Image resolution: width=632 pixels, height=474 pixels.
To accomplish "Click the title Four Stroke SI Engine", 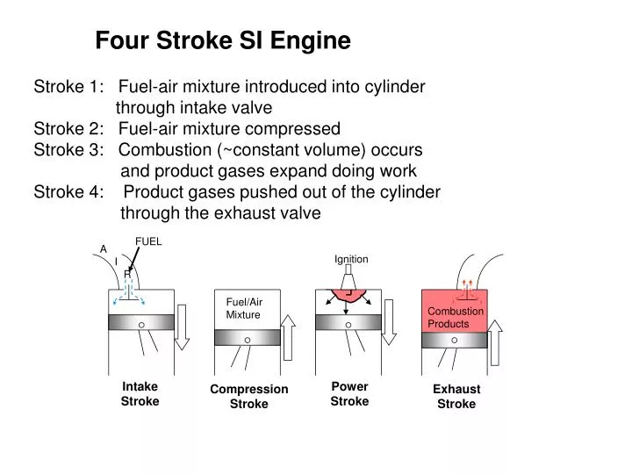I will [x=223, y=40].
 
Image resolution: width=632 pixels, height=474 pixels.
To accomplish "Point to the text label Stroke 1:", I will [x=66, y=87].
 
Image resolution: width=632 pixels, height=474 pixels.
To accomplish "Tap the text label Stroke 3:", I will [x=66, y=149].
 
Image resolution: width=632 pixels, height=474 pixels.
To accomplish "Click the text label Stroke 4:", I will [x=66, y=192].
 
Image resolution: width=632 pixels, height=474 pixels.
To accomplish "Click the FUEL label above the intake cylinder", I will [x=148, y=241].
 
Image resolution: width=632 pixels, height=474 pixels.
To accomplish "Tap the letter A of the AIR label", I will [x=103, y=249].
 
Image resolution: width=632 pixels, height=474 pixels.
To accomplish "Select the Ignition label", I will [x=351, y=259].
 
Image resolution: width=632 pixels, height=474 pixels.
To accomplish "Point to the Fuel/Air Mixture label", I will [x=244, y=308].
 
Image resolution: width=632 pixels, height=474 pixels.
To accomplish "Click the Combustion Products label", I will [x=455, y=318].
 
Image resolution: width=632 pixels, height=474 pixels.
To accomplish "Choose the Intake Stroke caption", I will [x=140, y=394].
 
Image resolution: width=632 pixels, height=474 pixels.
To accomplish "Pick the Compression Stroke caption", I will [x=249, y=397].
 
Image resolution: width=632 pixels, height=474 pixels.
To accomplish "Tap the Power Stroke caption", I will [x=349, y=394].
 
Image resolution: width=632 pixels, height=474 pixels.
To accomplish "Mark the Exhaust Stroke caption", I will [x=456, y=397].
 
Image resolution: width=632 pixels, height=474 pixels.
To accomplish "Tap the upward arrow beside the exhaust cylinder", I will [x=496, y=344].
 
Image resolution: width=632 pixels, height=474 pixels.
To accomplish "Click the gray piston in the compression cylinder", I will [x=247, y=338].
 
